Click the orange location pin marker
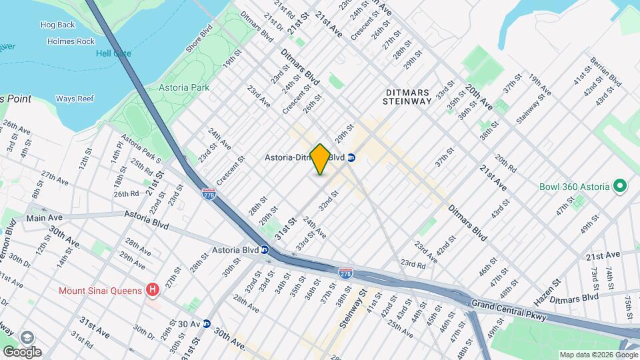tap(320, 159)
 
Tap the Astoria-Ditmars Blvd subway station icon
tap(351, 158)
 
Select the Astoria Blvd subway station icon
tap(265, 250)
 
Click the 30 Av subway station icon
tap(207, 323)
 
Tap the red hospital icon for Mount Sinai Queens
tap(153, 290)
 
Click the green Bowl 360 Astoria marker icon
tap(619, 186)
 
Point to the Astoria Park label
tap(184, 87)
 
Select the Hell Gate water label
tap(113, 53)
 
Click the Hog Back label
tap(57, 25)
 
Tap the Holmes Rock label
tap(71, 41)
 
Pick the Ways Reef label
tap(74, 99)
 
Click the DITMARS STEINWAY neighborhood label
tap(407, 97)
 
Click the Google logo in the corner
tap(22, 351)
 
